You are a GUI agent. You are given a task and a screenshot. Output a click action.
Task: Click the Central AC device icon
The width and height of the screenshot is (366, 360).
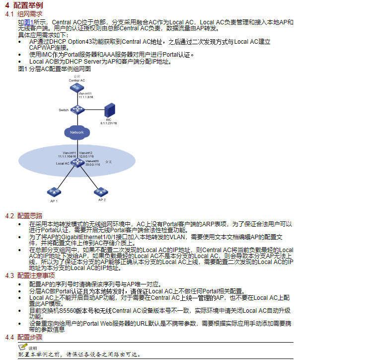tap(76, 87)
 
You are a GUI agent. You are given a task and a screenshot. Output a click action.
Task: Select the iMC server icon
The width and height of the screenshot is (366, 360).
tap(108, 110)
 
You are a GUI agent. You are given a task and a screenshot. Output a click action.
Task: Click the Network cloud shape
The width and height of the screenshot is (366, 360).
tap(77, 132)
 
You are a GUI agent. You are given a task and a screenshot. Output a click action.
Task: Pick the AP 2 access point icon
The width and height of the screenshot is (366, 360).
tap(101, 191)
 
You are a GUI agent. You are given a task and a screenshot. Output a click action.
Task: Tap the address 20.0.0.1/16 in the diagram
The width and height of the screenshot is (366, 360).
tap(93, 165)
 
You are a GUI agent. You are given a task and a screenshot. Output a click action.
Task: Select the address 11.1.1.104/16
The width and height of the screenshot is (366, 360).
tap(67, 156)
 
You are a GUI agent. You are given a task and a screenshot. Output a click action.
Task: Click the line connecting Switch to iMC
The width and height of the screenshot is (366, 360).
tap(93, 110)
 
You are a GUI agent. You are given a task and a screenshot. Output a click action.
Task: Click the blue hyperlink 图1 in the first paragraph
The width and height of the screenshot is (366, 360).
tap(30, 22)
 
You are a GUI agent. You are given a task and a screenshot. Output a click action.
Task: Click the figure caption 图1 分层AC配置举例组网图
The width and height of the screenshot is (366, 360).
tap(55, 68)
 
